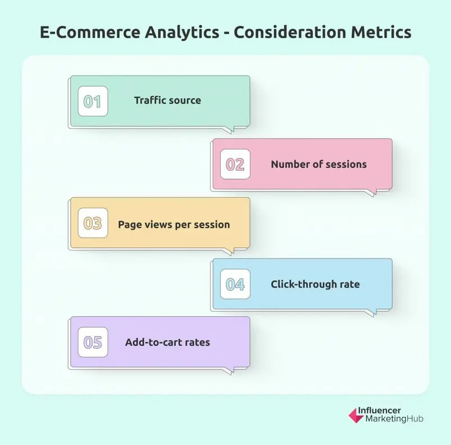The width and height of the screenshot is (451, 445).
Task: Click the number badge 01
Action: coord(93,101)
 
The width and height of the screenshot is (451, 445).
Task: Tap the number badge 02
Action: coord(235,164)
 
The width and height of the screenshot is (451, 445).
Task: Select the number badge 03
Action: coord(93,224)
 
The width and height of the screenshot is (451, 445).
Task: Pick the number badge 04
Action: coord(235,284)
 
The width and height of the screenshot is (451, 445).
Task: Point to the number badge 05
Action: coord(93,342)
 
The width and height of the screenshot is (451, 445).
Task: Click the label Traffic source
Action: coord(167,101)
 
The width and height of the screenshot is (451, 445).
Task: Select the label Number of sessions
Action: coord(318,164)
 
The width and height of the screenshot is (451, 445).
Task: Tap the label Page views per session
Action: coord(174,224)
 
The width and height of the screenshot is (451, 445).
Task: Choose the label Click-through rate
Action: coord(315,284)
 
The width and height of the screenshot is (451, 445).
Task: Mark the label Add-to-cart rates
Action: coord(167,342)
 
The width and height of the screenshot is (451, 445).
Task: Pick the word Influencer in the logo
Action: coord(387,411)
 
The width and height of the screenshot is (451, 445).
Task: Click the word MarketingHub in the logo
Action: coord(394,419)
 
